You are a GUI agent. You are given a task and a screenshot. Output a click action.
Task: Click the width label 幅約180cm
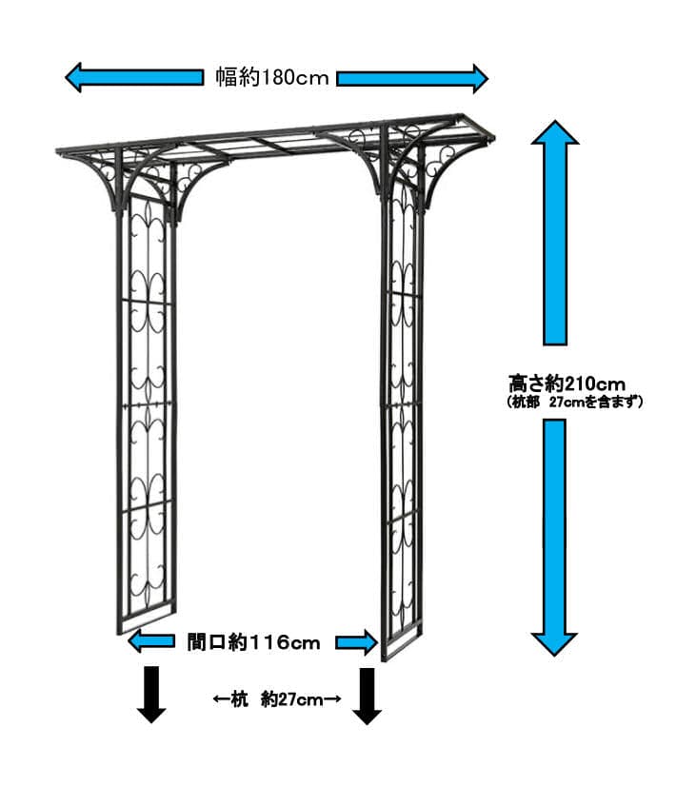point(271,78)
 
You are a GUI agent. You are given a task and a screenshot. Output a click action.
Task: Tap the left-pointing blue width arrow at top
point(133,77)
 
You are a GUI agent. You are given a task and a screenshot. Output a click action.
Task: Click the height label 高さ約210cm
point(567,383)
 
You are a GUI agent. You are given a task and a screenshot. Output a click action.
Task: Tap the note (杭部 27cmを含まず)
point(575,402)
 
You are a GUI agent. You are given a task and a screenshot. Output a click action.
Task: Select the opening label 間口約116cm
point(253,643)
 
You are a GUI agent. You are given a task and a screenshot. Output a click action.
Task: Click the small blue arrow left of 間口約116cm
point(150,642)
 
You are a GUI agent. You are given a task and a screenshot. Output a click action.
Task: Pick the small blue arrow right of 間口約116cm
point(356,643)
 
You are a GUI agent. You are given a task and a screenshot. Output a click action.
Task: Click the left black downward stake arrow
point(150,694)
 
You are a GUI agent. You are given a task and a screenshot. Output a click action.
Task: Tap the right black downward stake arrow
point(367,694)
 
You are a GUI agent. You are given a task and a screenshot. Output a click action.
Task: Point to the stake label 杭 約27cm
point(276,699)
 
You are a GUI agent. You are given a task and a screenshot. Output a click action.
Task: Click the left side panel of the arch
point(146,409)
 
